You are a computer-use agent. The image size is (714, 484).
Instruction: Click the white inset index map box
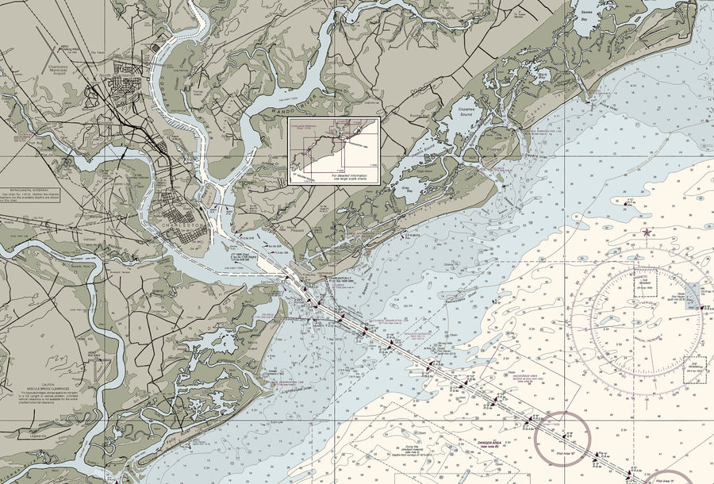point(334,152)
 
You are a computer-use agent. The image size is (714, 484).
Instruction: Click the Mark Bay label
point(543,74)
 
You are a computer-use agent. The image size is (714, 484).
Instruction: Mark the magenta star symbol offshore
point(647,232)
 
